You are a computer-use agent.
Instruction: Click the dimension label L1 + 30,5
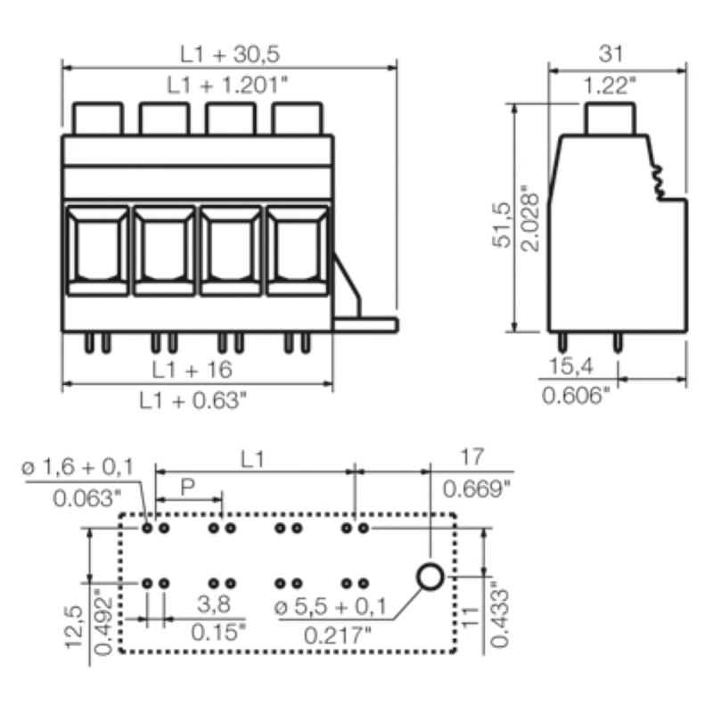point(230,54)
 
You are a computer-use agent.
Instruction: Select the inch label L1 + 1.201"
point(230,85)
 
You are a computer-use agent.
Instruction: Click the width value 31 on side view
point(611,54)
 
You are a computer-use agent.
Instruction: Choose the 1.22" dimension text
point(611,86)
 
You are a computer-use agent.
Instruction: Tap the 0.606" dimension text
point(577,394)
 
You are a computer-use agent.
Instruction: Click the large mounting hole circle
point(430,578)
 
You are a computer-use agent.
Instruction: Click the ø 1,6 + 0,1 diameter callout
point(78,466)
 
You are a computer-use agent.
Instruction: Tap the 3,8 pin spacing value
point(213,604)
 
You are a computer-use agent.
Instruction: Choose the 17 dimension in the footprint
point(472,457)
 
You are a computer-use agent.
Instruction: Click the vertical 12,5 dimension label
point(77,629)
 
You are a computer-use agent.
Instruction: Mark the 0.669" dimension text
point(477,488)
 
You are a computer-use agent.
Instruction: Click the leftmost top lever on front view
point(96,117)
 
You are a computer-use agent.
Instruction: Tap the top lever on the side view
point(611,118)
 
